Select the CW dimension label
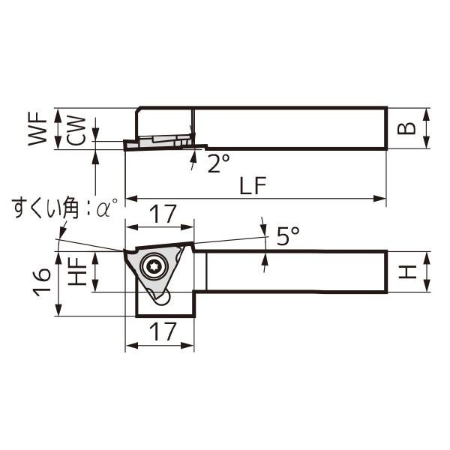coord(76,130)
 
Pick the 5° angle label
coord(287,237)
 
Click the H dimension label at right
coord(406,271)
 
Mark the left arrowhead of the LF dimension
coord(130,199)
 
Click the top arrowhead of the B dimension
coord(426,112)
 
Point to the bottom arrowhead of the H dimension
coord(426,287)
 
